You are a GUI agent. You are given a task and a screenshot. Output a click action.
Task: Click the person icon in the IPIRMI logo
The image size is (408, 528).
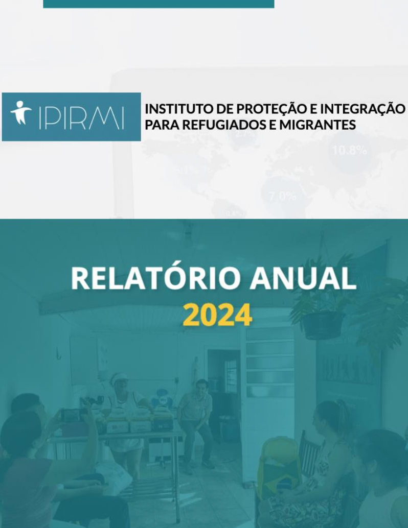tap(21, 113)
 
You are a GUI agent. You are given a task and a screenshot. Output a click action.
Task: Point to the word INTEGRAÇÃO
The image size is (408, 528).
tap(362, 109)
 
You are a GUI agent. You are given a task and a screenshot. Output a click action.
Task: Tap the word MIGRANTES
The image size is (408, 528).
tap(318, 125)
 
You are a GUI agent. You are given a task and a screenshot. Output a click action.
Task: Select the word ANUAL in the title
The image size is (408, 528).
tap(303, 279)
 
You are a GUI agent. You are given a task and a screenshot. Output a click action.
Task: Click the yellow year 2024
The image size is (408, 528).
tap(217, 315)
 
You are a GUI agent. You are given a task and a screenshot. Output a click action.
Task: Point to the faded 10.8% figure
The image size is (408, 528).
tap(349, 150)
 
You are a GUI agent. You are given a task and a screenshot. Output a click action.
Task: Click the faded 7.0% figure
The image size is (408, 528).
tap(283, 196)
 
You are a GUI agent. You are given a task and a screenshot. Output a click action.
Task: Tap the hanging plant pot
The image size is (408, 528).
tap(323, 325)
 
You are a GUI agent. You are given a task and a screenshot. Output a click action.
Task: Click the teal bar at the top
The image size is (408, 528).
tap(158, 4)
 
